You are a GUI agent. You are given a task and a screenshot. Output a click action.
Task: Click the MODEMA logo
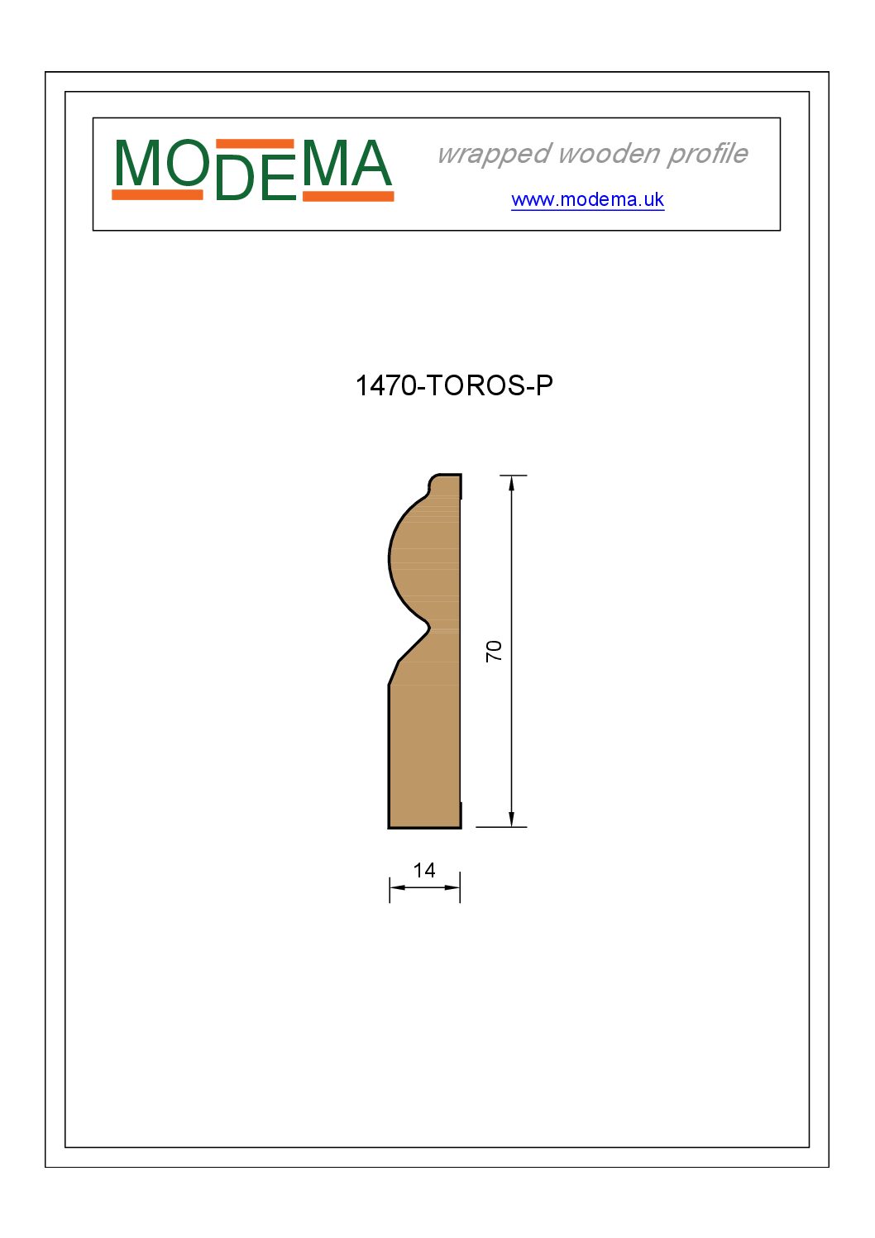[252, 170]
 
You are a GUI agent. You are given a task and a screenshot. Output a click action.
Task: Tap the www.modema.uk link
[587, 199]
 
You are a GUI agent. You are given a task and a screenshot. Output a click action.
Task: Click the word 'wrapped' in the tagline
[495, 154]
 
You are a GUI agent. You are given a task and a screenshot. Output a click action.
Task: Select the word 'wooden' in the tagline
[610, 154]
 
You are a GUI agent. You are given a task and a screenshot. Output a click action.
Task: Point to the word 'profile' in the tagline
[707, 154]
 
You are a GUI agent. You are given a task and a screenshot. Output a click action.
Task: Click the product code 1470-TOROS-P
[454, 385]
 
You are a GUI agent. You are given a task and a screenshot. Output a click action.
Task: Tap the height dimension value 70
[494, 651]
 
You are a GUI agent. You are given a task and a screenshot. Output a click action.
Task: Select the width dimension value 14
[424, 871]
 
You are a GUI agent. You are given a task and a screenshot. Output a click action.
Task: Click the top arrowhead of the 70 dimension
[512, 483]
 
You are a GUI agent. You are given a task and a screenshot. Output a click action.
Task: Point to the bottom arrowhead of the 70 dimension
[512, 820]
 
